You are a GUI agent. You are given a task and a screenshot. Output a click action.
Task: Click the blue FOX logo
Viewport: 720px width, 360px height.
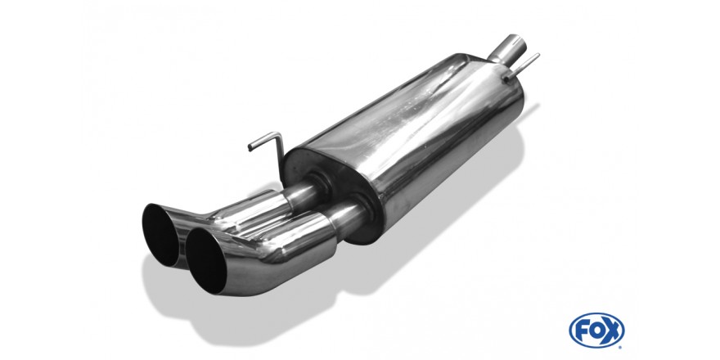pos(596,331)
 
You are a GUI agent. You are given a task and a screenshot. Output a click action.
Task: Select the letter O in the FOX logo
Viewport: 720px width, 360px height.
pos(596,331)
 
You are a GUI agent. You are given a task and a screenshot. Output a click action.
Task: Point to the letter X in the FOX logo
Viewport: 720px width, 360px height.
pos(611,331)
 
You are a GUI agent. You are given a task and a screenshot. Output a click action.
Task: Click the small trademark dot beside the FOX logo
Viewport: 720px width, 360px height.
pos(620,347)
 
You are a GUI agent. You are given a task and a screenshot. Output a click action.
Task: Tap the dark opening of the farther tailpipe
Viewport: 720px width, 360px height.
pos(160,235)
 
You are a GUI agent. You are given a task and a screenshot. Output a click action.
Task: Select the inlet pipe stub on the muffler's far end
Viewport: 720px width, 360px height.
pos(508,50)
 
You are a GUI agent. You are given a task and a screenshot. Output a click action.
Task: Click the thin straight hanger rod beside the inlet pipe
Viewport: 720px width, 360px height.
pos(522,67)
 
